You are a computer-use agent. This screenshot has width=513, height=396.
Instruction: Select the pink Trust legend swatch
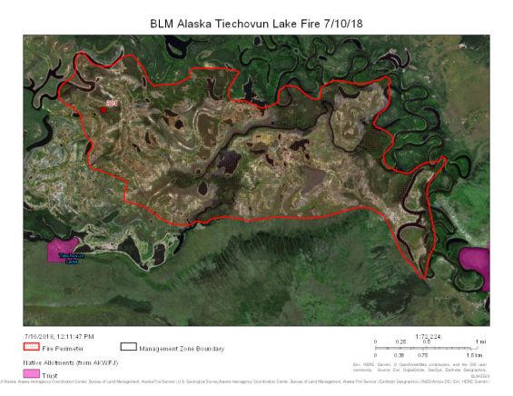pos(30,373)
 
